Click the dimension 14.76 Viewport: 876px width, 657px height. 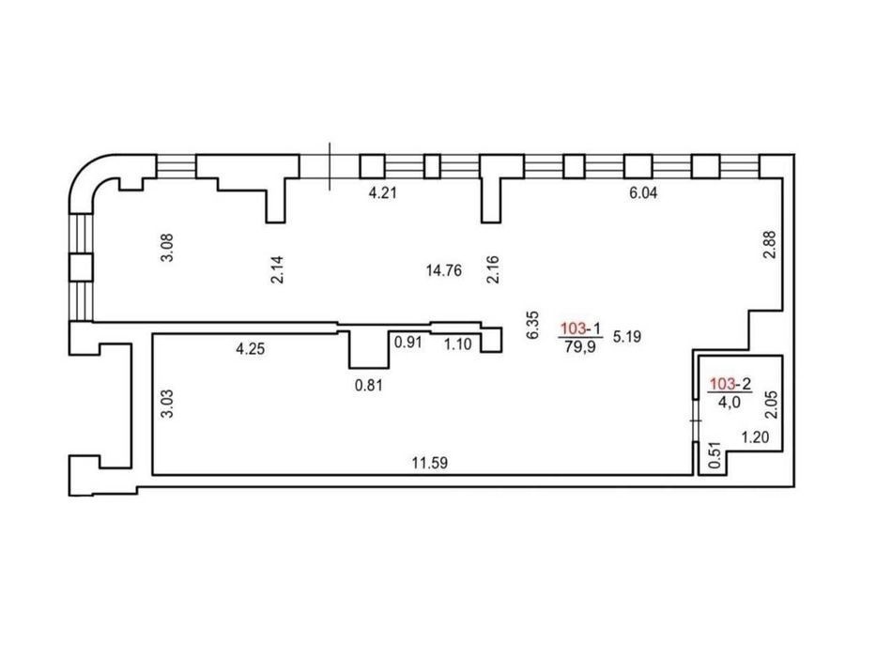pos(443,271)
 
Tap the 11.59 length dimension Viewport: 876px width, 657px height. pos(430,463)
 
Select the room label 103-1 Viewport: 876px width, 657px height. pos(581,329)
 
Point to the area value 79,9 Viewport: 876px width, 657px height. pos(580,347)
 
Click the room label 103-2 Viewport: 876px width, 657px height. pos(730,385)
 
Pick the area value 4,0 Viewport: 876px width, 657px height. pos(730,402)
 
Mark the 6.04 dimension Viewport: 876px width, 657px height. pos(643,193)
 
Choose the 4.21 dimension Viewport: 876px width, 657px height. pos(383,193)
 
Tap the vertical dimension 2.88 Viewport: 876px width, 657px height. pos(770,245)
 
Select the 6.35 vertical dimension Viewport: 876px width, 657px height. pos(533,325)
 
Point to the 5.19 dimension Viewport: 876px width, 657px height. pos(627,337)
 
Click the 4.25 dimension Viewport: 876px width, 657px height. pos(251,350)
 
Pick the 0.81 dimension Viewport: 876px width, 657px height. pos(369,386)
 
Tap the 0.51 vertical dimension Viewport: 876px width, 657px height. pos(715,456)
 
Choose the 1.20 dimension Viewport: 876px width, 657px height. pos(755,437)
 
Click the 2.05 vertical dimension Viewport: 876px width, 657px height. pos(771,405)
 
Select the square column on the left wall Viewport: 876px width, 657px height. pos(81,267)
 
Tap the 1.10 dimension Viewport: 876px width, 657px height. pos(458,344)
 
